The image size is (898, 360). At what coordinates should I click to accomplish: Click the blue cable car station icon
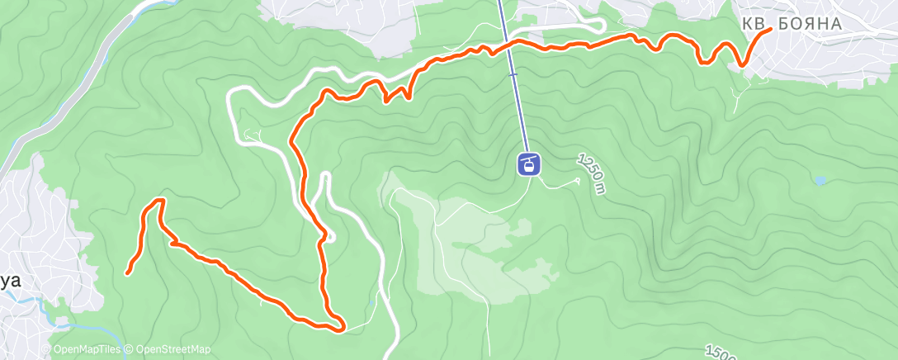coord(528,163)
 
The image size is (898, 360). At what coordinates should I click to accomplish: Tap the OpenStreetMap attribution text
coord(172,350)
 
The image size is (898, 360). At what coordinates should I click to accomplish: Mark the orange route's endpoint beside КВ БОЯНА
coord(770,30)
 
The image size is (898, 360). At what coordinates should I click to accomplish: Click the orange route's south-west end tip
coord(128,272)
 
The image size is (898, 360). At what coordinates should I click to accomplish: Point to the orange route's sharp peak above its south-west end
coord(160,201)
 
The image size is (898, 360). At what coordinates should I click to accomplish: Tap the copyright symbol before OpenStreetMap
coord(130,350)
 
